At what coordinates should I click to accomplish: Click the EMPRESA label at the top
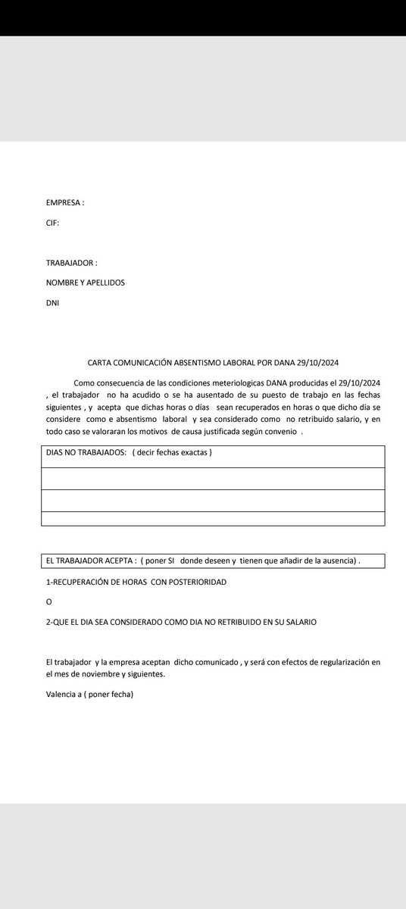click(x=64, y=204)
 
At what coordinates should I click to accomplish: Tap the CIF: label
click(x=52, y=223)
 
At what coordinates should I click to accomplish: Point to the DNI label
click(x=52, y=302)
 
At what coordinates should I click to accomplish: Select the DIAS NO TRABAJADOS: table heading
click(x=85, y=453)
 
